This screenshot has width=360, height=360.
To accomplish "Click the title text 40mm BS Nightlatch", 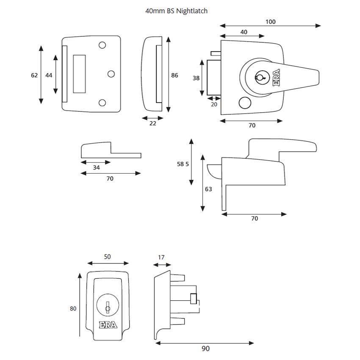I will [176, 11].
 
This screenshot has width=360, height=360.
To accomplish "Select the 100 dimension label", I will [271, 22].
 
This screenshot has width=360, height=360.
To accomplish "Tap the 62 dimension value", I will [34, 75].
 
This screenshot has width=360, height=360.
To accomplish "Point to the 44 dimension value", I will [49, 75].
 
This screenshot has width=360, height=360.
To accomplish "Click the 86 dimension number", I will [174, 75].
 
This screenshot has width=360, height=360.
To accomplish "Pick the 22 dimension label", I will [153, 123].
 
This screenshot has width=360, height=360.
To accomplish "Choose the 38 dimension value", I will [196, 78].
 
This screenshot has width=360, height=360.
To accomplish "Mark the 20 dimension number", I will [214, 104].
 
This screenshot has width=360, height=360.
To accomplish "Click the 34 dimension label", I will [96, 168].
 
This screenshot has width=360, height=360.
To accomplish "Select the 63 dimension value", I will [208, 189].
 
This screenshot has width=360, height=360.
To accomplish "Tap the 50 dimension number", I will [107, 257].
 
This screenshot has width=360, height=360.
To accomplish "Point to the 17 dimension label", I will [161, 257].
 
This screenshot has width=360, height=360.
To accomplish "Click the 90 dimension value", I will [205, 349].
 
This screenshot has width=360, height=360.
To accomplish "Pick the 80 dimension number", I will [73, 309].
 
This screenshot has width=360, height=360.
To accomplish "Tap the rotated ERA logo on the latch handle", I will [275, 77].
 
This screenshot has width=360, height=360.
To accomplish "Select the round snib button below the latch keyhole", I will [244, 102].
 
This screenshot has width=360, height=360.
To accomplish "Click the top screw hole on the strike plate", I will [102, 45].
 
